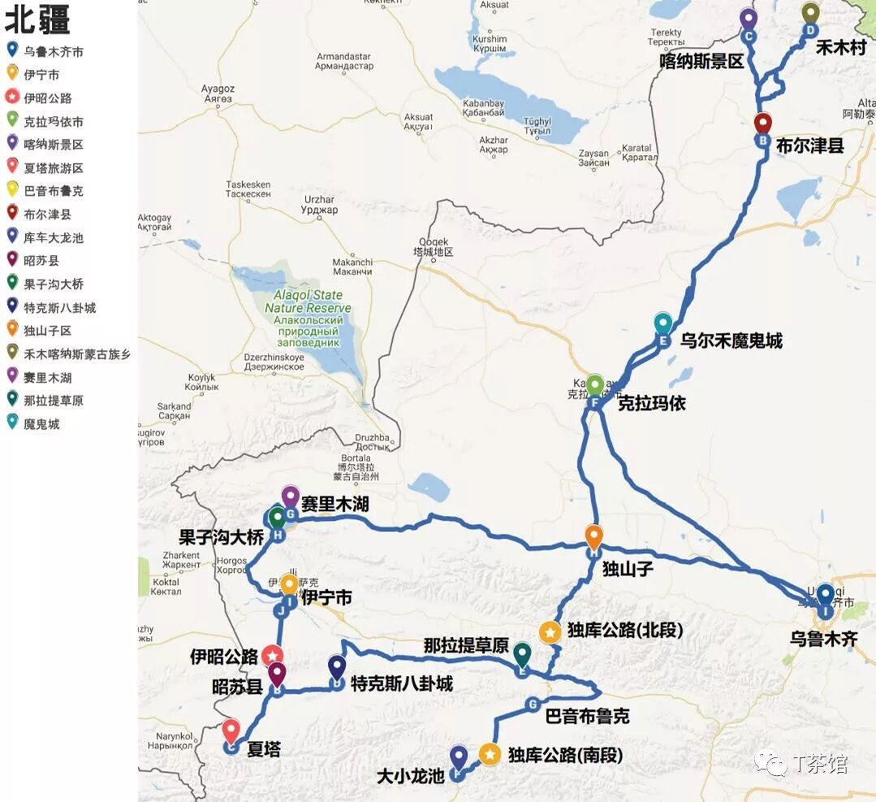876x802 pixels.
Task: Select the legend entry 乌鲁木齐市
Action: pos(54,52)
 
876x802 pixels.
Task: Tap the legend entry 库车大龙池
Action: pos(54,238)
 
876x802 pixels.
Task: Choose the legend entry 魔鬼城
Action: pos(41,424)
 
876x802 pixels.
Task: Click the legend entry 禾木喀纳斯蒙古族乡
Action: pos(77,354)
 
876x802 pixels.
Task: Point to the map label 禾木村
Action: pos(841,48)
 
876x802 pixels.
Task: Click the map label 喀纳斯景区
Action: pos(701,61)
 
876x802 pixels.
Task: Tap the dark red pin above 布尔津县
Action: pos(762,124)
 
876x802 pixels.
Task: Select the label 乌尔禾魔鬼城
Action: pos(731,341)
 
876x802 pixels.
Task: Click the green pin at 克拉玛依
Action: pos(595,384)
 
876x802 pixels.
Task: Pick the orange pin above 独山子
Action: pos(594,536)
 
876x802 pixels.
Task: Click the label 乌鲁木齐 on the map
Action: pos(823,638)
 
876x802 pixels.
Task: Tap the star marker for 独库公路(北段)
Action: pos(550,632)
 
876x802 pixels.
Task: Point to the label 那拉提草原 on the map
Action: pos(466,646)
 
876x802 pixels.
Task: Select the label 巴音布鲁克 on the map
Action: pos(587,717)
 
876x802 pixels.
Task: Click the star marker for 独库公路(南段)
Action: pos(490,754)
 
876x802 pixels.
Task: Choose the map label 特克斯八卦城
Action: pos(401,684)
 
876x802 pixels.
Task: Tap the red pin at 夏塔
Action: pos(231,730)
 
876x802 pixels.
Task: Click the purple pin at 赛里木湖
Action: pos(290,496)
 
